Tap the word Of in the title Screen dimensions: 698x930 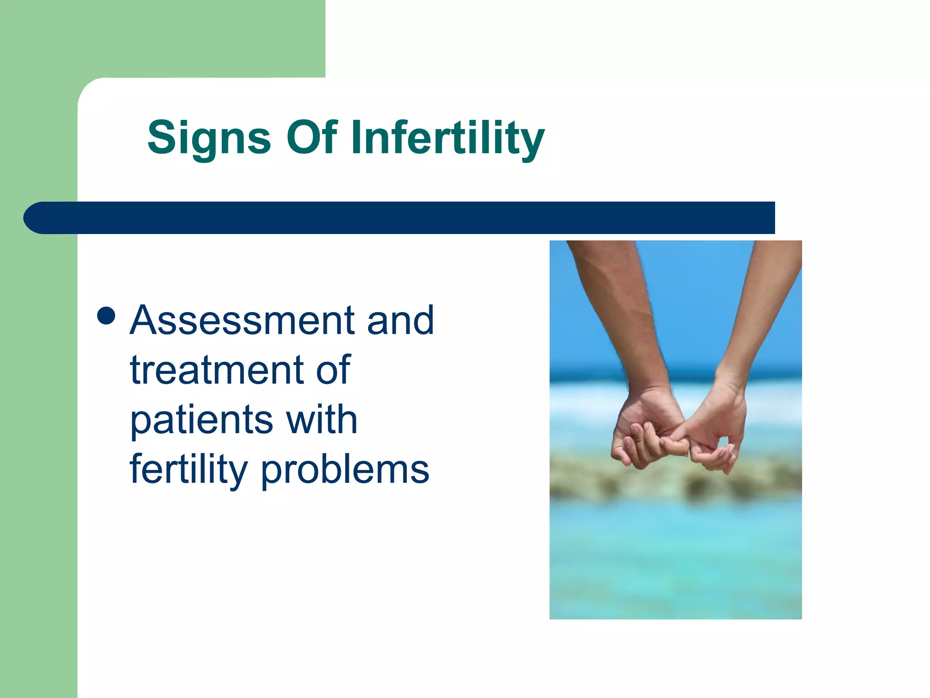[312, 137]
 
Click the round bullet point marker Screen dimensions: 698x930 [106, 316]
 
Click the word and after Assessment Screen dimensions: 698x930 [400, 320]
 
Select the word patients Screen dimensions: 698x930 [201, 420]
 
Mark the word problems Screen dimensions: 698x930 [345, 470]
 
